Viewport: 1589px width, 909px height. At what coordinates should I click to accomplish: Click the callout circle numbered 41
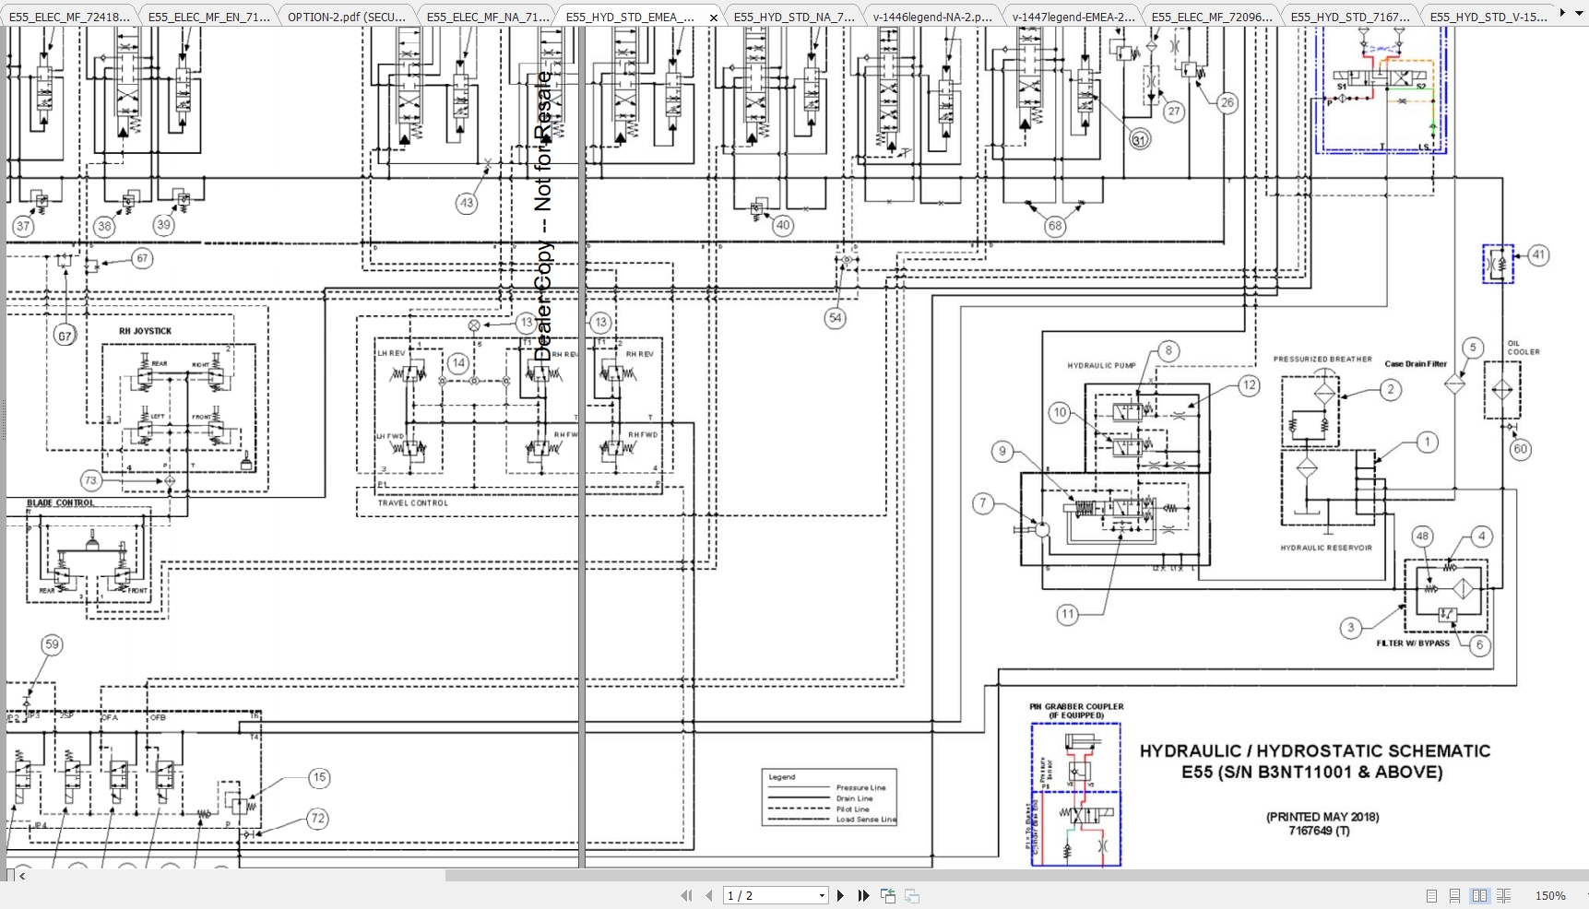tap(1538, 255)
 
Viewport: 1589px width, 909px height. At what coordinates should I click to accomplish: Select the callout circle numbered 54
tap(835, 318)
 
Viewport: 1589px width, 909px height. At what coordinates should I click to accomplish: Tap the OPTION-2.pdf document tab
tap(346, 17)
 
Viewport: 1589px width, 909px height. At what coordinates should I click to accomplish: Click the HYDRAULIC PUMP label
tap(1101, 366)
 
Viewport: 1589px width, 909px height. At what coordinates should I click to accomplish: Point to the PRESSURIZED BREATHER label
tap(1322, 360)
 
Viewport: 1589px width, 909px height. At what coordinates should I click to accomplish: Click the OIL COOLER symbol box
tap(1501, 390)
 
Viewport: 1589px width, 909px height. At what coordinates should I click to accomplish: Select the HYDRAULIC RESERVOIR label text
tap(1326, 548)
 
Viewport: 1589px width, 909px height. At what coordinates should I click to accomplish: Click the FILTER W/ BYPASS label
tap(1413, 643)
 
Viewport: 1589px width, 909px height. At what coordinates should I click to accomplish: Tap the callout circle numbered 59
tap(52, 645)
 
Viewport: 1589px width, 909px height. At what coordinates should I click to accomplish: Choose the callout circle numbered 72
tap(317, 819)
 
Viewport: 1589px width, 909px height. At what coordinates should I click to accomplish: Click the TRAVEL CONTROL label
tap(412, 503)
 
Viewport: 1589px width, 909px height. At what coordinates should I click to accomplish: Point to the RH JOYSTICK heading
tap(145, 331)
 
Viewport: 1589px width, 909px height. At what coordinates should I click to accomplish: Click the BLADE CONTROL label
tap(60, 503)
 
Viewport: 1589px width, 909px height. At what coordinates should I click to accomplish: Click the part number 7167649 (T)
tap(1319, 831)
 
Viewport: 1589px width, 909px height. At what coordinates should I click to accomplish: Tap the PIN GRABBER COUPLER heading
tap(1076, 711)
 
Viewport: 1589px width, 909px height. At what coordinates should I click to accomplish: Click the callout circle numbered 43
tap(467, 203)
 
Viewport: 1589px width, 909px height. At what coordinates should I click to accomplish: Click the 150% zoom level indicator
tap(1549, 895)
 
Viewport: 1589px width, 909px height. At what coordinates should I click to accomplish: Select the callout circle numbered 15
tap(319, 778)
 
